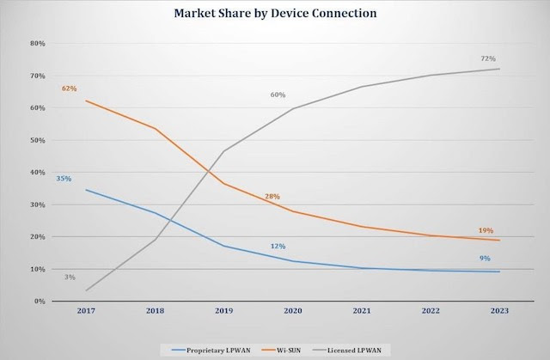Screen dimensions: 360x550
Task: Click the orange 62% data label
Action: click(x=69, y=88)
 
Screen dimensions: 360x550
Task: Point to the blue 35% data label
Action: click(x=64, y=179)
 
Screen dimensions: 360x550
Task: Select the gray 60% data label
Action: click(x=277, y=95)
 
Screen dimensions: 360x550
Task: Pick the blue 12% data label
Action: click(x=277, y=247)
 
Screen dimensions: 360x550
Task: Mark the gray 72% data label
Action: click(x=487, y=58)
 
